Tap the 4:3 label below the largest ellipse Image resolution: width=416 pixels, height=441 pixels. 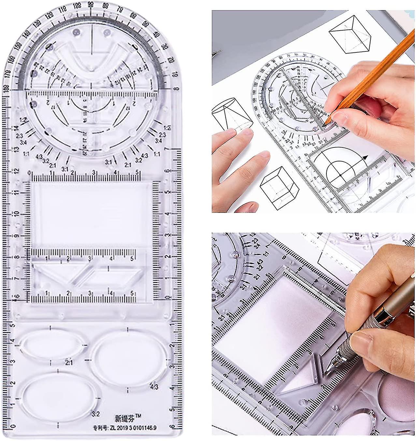[x=154, y=387]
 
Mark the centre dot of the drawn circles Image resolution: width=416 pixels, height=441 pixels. [x=340, y=175]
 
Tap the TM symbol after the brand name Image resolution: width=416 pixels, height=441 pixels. [x=138, y=415]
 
